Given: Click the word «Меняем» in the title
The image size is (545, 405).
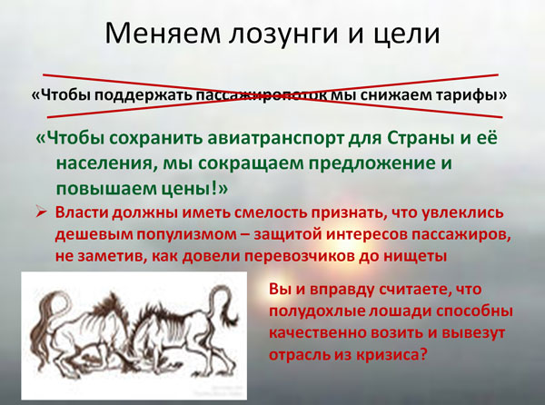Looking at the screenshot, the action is tap(163, 33).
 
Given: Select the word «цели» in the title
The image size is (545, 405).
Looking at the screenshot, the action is tap(407, 35).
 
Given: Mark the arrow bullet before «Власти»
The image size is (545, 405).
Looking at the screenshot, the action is tap(42, 212).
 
